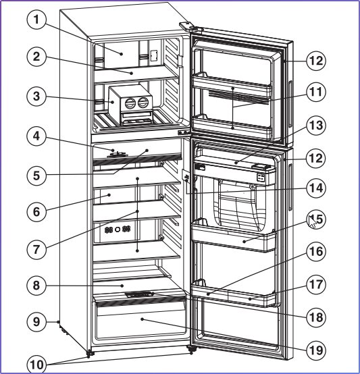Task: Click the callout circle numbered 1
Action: coord(36,20)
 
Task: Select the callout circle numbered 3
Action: coord(36,97)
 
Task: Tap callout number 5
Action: coord(36,176)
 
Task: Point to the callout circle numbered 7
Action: coord(36,250)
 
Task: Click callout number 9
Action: coord(36,322)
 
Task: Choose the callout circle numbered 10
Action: coord(37,365)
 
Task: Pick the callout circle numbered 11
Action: coord(316,92)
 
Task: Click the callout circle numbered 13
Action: coord(316,126)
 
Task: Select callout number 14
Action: coord(316,188)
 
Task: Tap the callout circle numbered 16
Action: coord(316,251)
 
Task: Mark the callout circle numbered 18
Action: coord(316,317)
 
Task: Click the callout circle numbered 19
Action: coord(316,350)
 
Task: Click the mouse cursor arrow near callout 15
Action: coord(312,221)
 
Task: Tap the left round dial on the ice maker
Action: coord(130,103)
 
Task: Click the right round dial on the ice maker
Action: coord(143,103)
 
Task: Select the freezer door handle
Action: coord(290,104)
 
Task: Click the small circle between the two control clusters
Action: coord(118,230)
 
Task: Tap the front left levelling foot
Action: coord(89,354)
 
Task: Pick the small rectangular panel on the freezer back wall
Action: coord(153,55)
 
